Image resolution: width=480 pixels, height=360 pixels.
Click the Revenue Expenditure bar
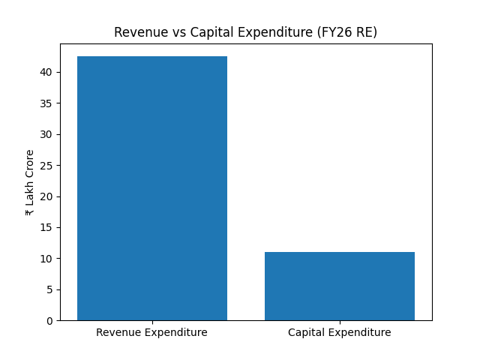pos(152,188)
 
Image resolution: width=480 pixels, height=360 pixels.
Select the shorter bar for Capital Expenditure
pos(339,286)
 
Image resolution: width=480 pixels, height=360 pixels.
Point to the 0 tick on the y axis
pos(49,321)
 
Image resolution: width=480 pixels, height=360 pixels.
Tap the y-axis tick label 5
pos(49,289)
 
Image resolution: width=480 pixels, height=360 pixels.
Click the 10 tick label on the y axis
pos(46,259)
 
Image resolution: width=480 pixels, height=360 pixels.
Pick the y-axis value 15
pos(46,227)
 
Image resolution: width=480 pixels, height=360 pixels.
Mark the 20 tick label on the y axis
pos(46,196)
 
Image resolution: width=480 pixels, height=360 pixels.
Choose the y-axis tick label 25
pos(46,166)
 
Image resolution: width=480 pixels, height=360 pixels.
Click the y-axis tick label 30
pos(46,134)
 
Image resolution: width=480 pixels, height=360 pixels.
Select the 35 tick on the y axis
pos(46,103)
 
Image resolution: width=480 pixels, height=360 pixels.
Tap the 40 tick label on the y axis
pos(46,72)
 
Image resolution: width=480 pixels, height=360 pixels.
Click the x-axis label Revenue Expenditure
pos(151,332)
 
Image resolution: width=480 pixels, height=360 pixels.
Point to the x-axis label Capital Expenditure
pos(339,332)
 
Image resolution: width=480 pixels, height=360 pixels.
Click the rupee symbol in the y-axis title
pos(30,212)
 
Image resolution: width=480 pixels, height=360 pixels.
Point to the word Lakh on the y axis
pos(30,197)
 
